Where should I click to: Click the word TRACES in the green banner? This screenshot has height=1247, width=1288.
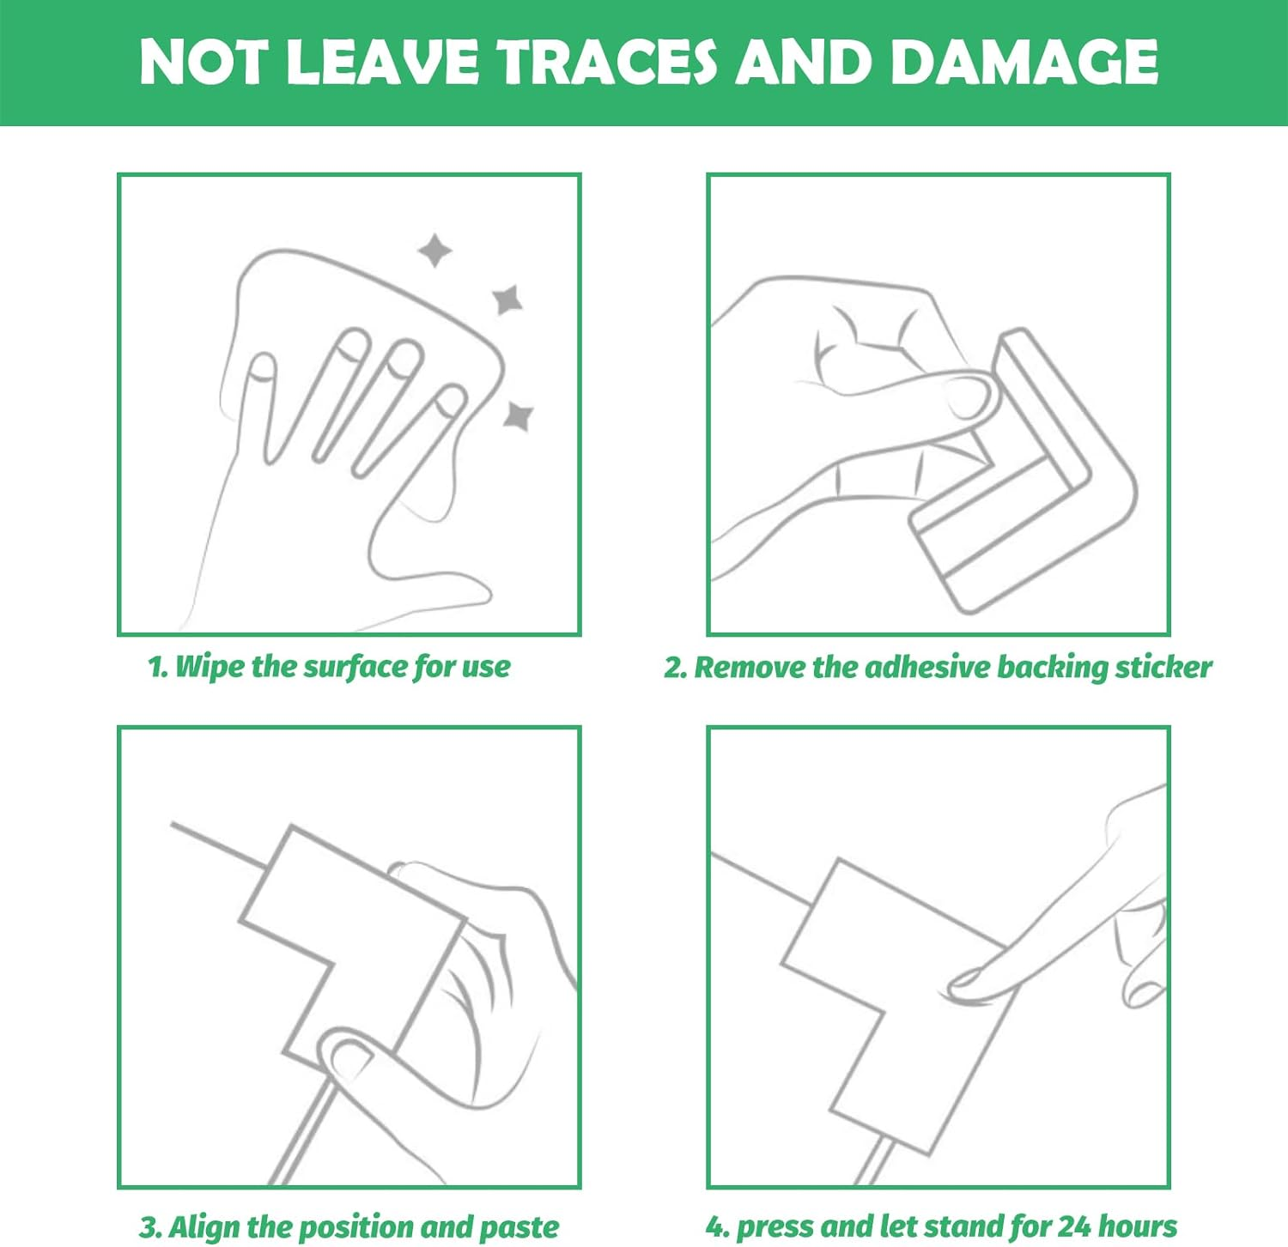(x=608, y=62)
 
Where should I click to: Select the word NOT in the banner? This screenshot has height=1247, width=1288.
(x=204, y=62)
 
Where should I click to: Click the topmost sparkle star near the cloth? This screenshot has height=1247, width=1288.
(x=434, y=250)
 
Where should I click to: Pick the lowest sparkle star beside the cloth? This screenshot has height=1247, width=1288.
(x=518, y=415)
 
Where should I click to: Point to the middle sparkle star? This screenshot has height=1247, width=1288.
(x=507, y=300)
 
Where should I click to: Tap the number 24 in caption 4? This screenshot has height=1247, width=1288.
(x=1074, y=1226)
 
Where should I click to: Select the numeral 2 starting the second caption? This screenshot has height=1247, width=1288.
(x=671, y=668)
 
